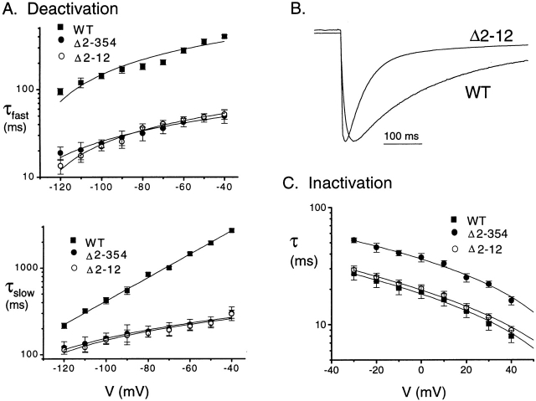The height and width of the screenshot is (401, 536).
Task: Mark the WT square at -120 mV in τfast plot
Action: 59,91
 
